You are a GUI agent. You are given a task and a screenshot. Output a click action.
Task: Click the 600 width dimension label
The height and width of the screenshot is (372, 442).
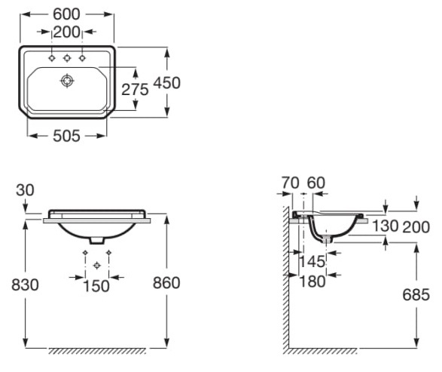coord(67,14)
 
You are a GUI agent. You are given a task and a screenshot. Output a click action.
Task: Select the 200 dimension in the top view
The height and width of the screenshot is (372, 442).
coord(67,32)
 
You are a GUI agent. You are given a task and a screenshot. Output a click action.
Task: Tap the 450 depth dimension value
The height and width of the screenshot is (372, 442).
coord(166,82)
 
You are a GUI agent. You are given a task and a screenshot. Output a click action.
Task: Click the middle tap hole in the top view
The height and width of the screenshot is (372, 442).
coord(67,58)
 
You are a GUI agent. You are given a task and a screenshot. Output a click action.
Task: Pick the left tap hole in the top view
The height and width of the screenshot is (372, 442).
coord(52,58)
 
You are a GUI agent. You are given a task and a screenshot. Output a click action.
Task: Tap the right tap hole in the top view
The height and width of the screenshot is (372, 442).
coord(82,58)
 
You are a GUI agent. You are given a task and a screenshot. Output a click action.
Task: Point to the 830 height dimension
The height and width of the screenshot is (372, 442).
coord(24,284)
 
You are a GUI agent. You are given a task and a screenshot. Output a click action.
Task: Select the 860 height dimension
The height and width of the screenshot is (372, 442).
coord(166,283)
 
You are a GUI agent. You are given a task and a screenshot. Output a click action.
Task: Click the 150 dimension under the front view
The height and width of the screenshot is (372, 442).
coord(96,286)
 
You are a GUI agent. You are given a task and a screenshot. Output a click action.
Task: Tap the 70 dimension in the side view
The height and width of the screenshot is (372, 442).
coord(289,183)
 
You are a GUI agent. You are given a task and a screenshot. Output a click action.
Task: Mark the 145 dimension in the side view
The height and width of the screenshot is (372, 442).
coord(311,261)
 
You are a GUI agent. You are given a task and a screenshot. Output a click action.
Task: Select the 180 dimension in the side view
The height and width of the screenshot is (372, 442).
coord(311,281)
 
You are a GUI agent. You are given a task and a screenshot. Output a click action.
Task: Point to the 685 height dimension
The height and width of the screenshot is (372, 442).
coord(416,294)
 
